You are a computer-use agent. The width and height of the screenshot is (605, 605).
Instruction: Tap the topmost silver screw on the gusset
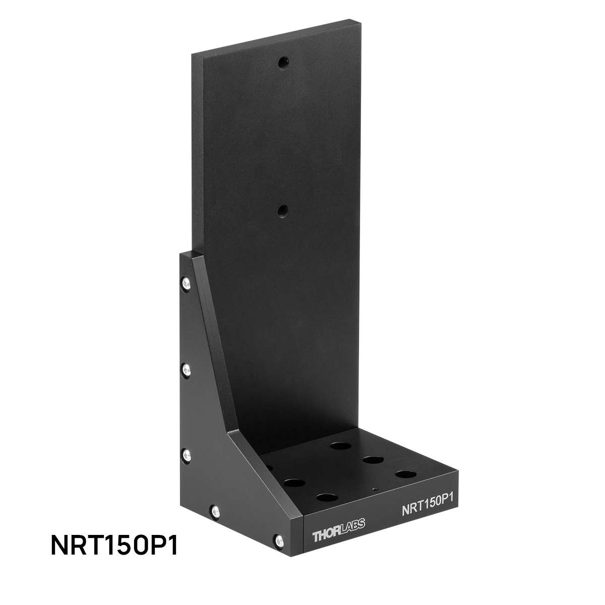[x=186, y=284]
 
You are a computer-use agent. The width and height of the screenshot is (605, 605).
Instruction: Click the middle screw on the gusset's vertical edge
[x=186, y=371]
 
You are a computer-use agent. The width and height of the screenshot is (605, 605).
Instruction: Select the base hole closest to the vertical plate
[x=341, y=446]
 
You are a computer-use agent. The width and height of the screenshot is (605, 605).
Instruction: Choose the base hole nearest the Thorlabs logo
[x=327, y=498]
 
